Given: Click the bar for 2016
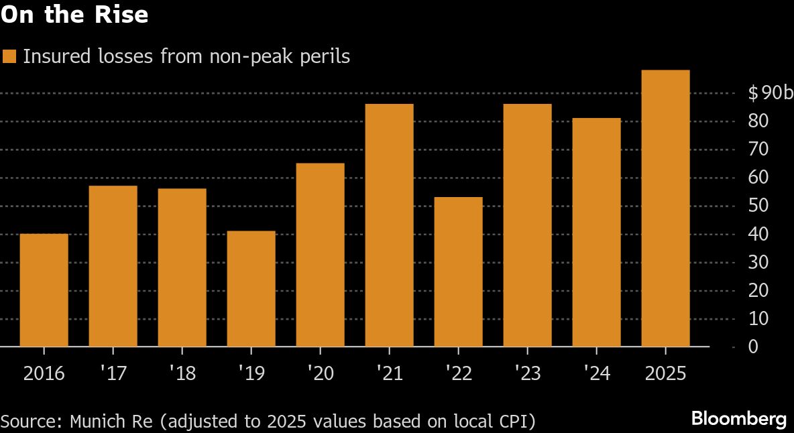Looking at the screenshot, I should click(x=44, y=290).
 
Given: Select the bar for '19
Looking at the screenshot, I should click(x=251, y=289).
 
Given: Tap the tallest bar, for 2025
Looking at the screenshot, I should click(x=665, y=208).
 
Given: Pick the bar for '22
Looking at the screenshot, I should click(x=458, y=271).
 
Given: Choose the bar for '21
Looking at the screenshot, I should click(x=389, y=225).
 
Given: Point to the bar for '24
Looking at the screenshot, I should click(x=596, y=233).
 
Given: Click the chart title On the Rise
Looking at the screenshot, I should click(x=74, y=15).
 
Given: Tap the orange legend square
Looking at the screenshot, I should click(x=9, y=56).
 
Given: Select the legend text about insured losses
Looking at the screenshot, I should click(x=186, y=56).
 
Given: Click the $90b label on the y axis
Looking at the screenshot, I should click(x=770, y=93).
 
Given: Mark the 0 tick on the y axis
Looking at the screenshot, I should click(x=754, y=347).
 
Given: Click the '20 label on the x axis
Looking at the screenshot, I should click(x=319, y=373).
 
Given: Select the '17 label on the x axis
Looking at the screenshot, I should click(x=113, y=373).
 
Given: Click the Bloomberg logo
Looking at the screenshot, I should click(x=738, y=420).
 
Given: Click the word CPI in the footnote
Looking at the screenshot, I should click(x=513, y=422).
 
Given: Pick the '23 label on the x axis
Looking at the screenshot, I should click(x=526, y=373).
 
